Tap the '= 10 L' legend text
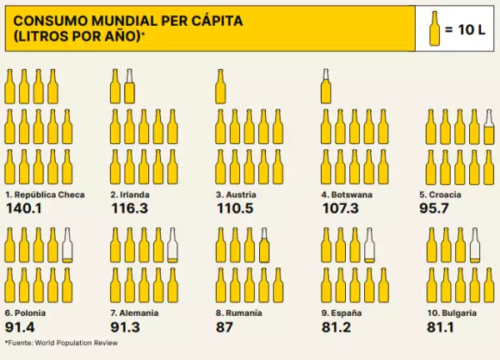click(464, 29)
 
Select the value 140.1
click(23, 208)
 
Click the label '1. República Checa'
click(45, 194)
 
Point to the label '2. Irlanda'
click(130, 194)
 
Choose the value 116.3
click(129, 208)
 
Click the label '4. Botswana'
click(347, 194)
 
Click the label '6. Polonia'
click(26, 313)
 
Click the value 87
click(224, 327)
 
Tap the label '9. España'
click(342, 313)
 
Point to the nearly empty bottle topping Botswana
click(326, 86)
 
